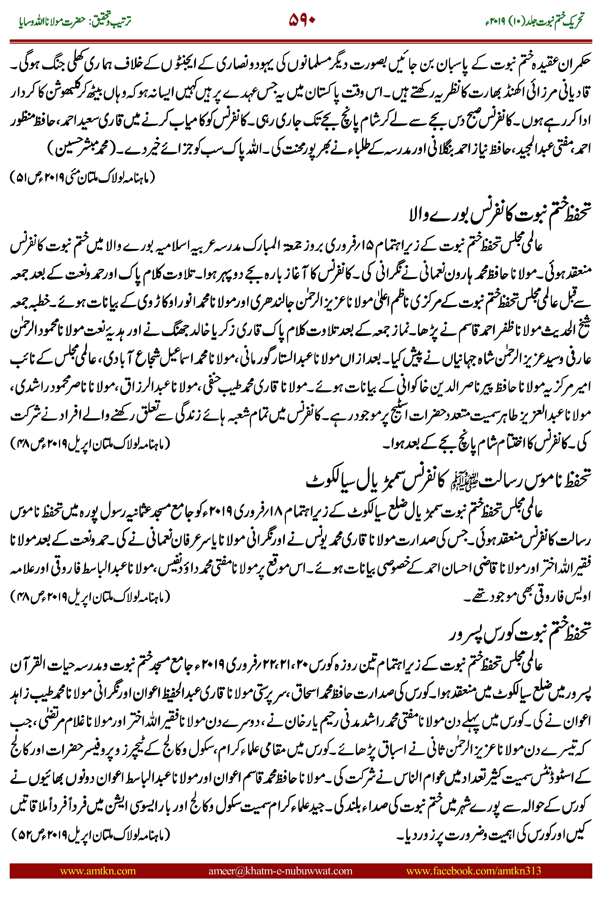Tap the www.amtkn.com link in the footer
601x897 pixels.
point(98,870)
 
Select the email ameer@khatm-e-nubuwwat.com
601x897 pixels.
point(280,870)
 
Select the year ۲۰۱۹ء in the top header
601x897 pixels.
point(495,21)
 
